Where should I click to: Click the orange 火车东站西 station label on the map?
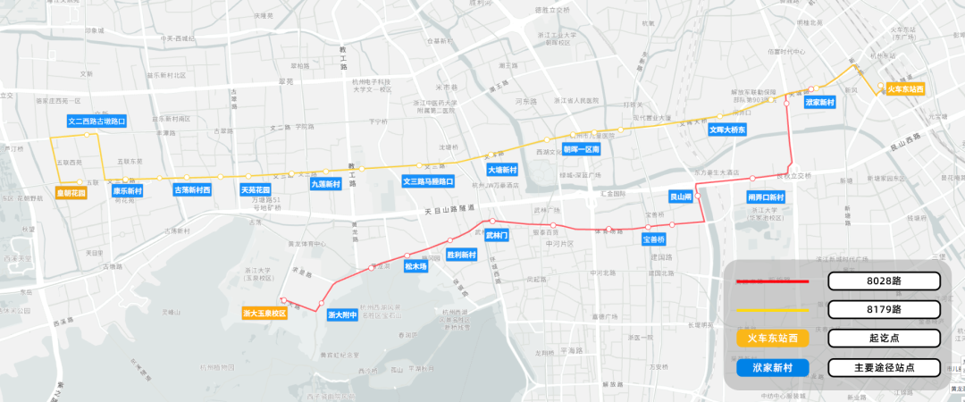click(x=904, y=89)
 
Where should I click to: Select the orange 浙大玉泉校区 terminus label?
click(x=264, y=314)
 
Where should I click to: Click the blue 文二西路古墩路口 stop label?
click(x=96, y=121)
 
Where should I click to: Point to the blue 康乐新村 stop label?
click(x=127, y=190)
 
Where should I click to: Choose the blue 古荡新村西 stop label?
click(x=192, y=190)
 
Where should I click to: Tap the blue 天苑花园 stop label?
click(x=256, y=190)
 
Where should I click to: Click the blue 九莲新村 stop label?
click(x=325, y=183)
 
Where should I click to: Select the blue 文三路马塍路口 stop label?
click(x=428, y=181)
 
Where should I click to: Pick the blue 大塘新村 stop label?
click(x=502, y=170)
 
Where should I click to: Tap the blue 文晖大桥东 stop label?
click(x=727, y=130)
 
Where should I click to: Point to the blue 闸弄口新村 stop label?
click(x=766, y=197)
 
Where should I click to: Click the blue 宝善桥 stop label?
click(x=654, y=239)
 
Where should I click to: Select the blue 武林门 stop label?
click(x=496, y=236)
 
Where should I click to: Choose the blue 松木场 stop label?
click(x=416, y=266)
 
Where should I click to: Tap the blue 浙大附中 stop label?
click(x=342, y=314)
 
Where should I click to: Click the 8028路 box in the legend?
click(x=884, y=281)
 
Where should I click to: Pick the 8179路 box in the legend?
click(x=884, y=309)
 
